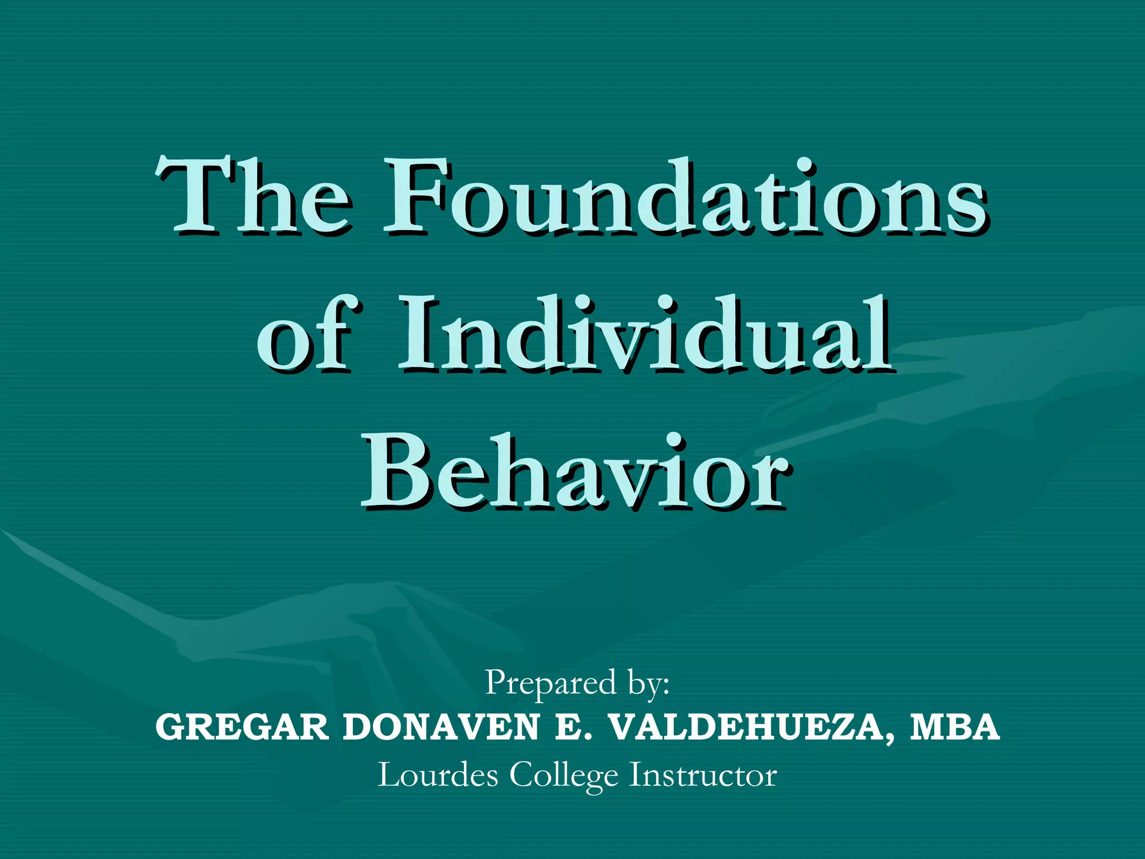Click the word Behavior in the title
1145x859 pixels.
click(576, 473)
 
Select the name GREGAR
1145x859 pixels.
click(242, 727)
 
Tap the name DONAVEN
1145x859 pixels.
click(441, 727)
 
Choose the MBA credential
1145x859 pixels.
click(954, 727)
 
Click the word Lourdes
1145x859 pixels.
click(438, 775)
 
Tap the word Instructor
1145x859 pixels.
click(703, 775)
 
